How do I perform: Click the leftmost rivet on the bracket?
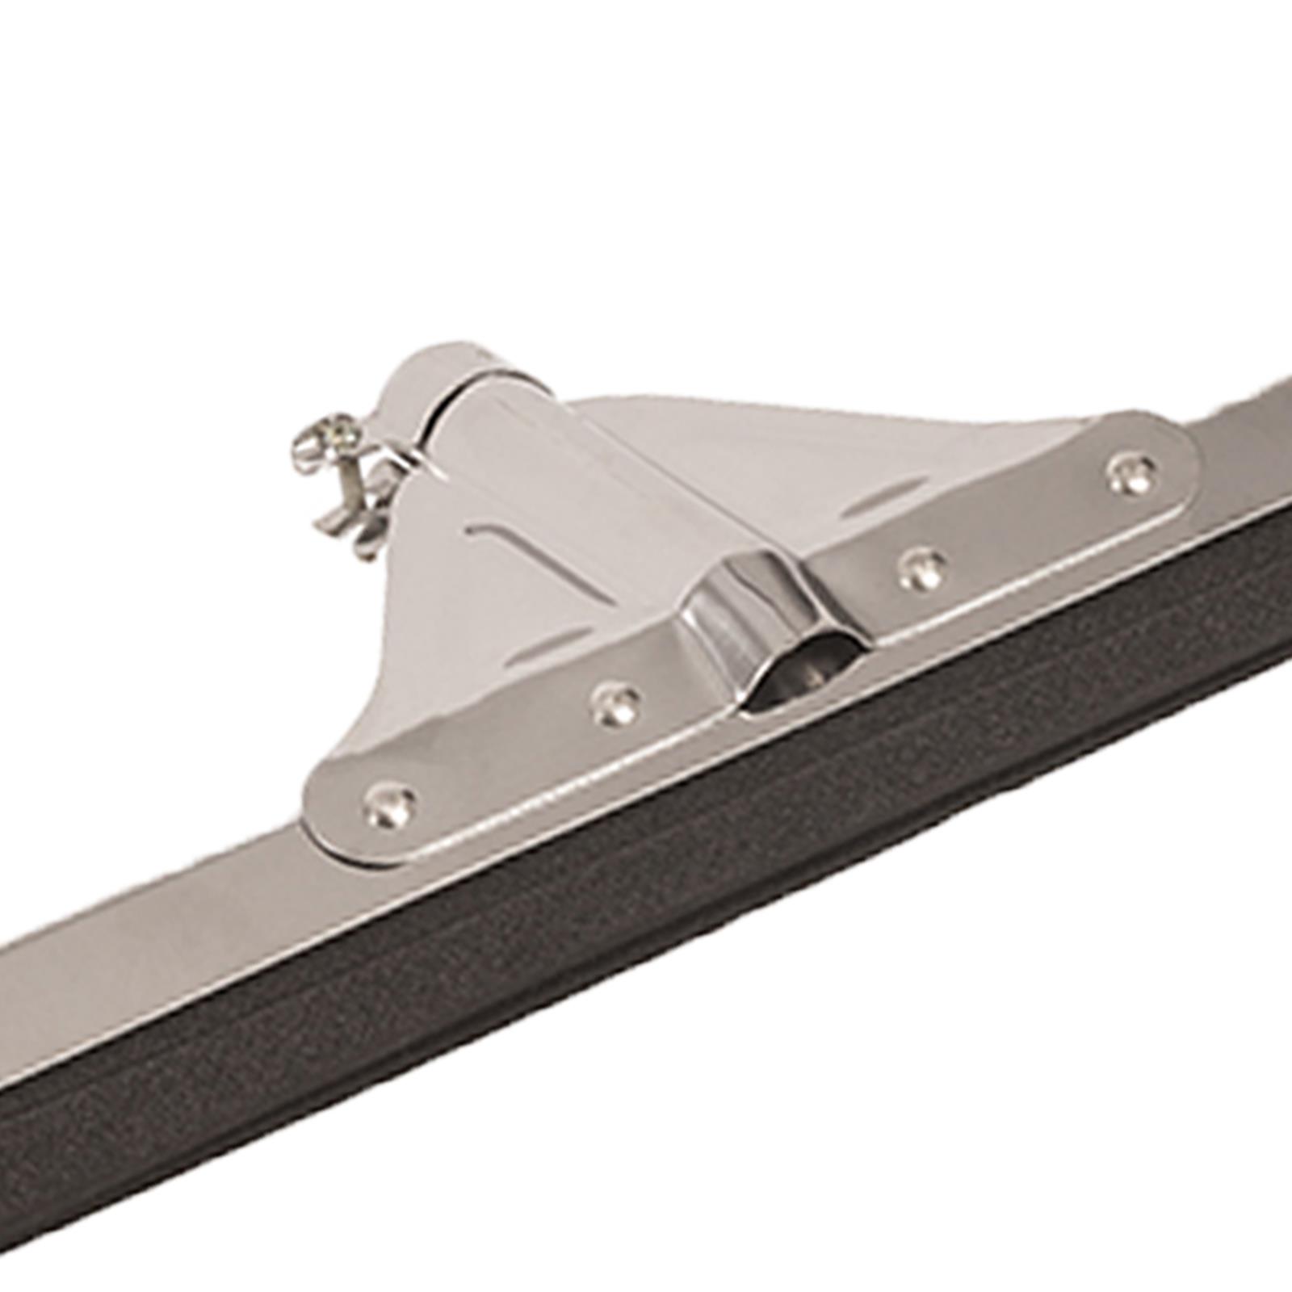tap(390, 804)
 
